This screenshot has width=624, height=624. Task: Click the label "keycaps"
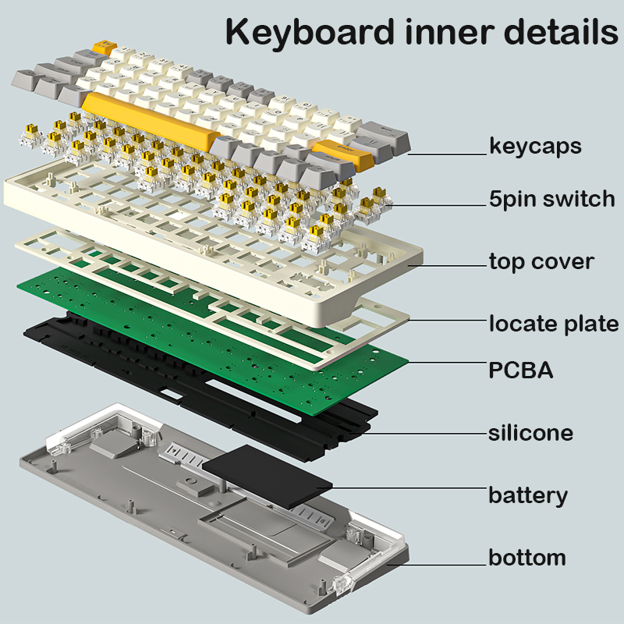point(535,146)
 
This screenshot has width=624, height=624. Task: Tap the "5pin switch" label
point(552,199)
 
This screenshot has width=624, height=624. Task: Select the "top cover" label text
point(541,261)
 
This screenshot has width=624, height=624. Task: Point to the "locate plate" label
point(553,323)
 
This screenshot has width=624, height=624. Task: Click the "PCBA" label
point(520,370)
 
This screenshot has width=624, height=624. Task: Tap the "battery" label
point(527,495)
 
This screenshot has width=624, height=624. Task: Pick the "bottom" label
point(526,558)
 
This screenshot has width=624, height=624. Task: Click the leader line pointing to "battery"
point(406,489)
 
